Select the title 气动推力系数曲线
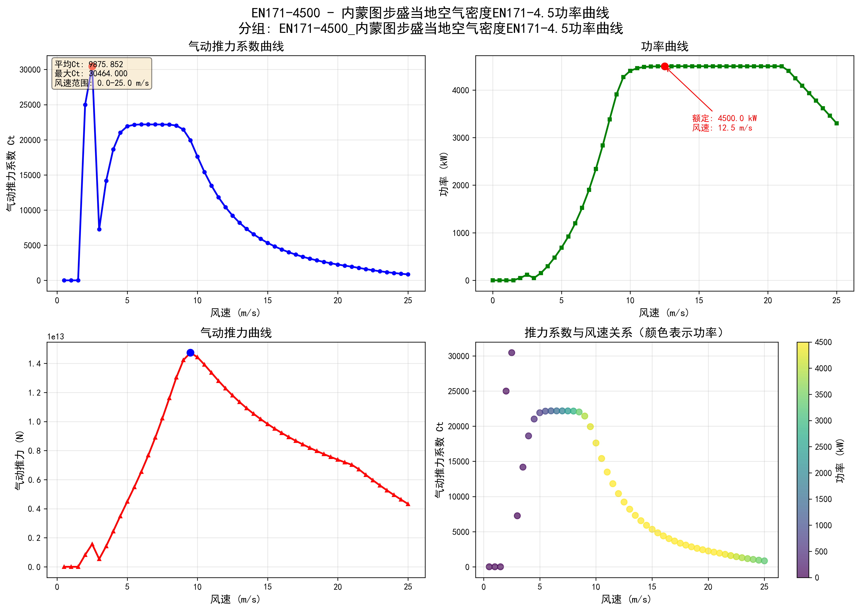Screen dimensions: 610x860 click(236, 46)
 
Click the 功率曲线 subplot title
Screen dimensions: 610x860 click(664, 46)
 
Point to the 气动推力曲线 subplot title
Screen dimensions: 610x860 click(236, 333)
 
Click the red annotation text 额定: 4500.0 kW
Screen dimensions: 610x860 click(724, 118)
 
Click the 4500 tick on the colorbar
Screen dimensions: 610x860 click(823, 342)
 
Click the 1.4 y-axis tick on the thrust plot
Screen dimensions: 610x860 click(35, 364)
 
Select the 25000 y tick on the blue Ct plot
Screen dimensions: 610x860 click(30, 105)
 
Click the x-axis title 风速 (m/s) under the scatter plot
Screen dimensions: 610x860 click(626, 599)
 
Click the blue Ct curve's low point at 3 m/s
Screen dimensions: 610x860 click(99, 229)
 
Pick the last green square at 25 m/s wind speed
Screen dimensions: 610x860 click(836, 123)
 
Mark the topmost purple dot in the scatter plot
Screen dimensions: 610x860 click(511, 353)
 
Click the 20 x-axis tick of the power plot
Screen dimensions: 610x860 click(768, 301)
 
